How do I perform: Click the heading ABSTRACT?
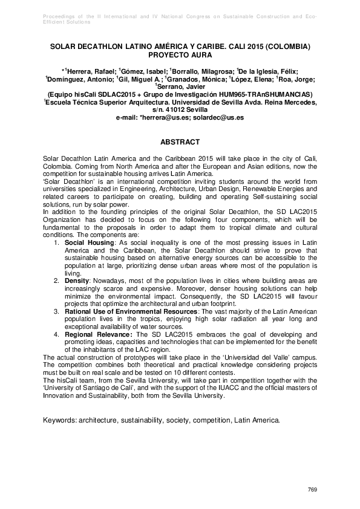pos(179,142)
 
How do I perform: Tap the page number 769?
pos(312,488)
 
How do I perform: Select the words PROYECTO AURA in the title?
pos(180,54)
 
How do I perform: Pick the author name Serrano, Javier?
pos(180,86)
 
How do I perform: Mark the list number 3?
pos(56,311)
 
